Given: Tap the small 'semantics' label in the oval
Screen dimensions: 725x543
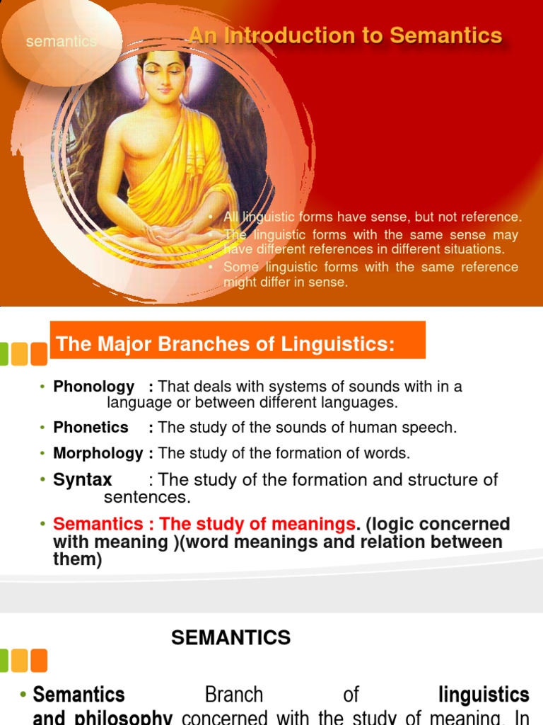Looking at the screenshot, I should pos(61,42).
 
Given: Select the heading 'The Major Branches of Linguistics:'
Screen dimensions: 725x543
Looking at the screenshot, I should pos(225,345).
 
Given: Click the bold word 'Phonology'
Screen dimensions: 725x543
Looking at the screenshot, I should pos(94,387).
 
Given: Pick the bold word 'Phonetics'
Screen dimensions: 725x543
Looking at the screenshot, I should pos(91,428).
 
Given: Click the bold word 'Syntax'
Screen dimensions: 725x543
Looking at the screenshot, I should pos(83,480).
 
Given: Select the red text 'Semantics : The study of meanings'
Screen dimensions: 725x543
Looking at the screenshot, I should pos(204,525).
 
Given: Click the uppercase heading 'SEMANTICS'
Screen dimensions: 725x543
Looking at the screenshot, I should pos(230,638).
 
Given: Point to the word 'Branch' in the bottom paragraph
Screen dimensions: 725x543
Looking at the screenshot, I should pos(233,695).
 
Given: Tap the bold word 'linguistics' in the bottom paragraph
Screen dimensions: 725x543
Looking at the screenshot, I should pos(484,695).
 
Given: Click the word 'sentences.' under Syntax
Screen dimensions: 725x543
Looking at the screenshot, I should pos(147,497).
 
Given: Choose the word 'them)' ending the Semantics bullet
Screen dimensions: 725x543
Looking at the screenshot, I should pos(78,559).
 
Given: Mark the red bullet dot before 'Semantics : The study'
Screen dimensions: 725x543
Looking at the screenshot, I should pos(42,525).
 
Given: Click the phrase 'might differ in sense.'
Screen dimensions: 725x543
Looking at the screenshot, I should pos(286,282).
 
